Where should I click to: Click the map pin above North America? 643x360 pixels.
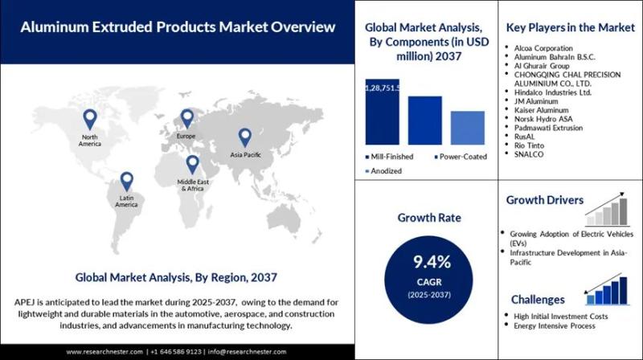tap(88, 120)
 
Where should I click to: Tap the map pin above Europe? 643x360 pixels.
tap(187, 118)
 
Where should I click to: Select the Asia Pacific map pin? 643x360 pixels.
tap(244, 136)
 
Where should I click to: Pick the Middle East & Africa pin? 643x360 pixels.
tap(192, 164)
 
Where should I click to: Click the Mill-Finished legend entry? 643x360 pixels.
tap(390, 156)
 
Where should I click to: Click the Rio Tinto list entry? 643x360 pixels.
tap(536, 144)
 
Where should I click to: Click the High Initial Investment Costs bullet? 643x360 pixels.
tap(559, 317)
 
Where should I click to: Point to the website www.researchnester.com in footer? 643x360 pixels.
tap(104, 351)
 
